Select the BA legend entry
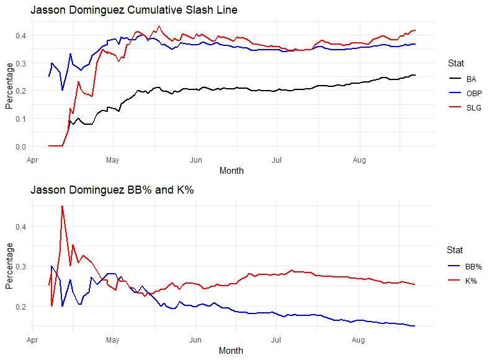[470, 79]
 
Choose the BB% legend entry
[473, 266]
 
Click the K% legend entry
[471, 280]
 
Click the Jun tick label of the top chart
[195, 160]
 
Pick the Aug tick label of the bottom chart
[358, 340]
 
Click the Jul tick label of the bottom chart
[277, 340]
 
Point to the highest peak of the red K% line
[62, 205]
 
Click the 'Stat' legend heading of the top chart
[455, 63]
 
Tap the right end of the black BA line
[415, 75]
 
